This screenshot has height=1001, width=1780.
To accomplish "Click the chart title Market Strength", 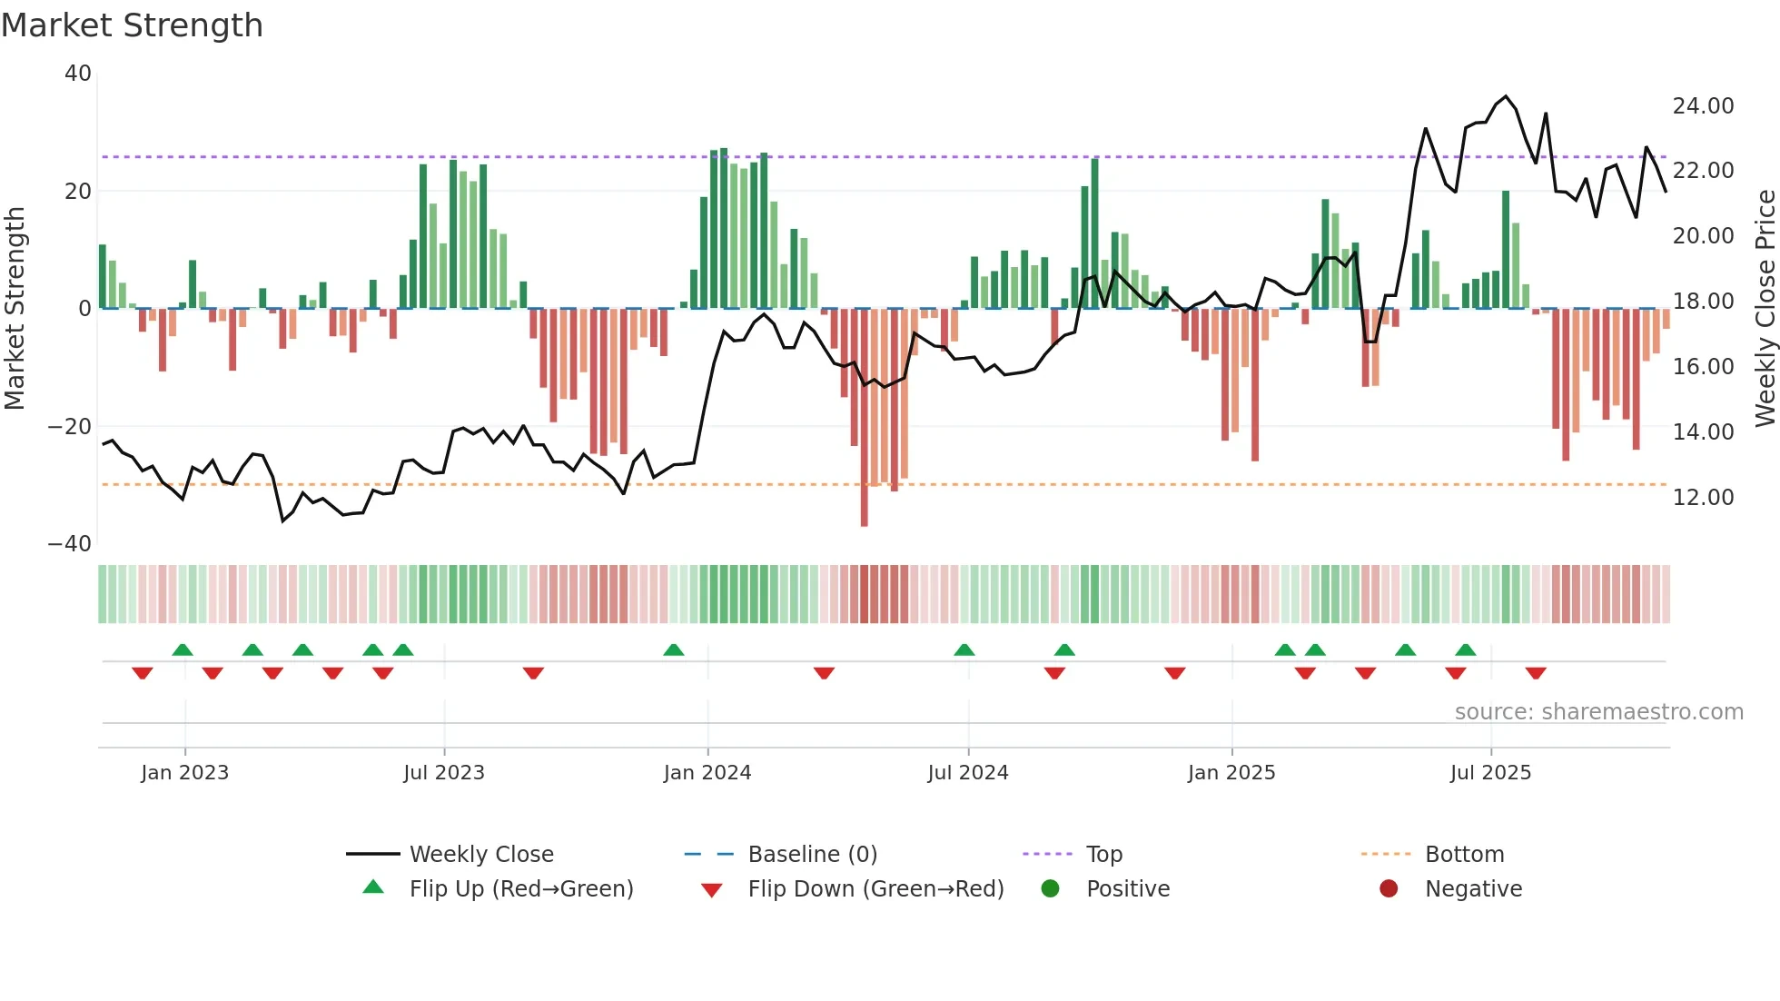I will (132, 25).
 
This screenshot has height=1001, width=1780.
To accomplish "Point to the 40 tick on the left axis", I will (78, 74).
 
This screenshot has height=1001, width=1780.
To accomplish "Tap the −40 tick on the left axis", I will (70, 544).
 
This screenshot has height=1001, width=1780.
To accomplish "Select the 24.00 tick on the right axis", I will (1703, 106).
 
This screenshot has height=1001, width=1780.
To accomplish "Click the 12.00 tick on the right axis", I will (1703, 498).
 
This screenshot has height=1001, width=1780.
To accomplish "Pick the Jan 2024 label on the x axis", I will (707, 773).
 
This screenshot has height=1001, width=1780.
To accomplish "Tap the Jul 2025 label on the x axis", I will (1490, 773).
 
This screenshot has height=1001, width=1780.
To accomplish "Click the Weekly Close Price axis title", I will (1765, 309).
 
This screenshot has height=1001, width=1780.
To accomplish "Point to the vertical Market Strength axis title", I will (15, 309).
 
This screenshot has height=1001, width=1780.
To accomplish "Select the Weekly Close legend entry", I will (480, 855).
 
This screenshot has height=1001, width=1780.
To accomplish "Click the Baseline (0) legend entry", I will (812, 855).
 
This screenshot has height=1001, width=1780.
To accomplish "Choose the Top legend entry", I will (1103, 855).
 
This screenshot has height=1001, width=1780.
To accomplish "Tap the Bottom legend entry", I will (1464, 855).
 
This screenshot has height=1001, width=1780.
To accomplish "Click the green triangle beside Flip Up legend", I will (373, 887).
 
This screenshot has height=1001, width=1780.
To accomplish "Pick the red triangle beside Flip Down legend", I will (712, 890).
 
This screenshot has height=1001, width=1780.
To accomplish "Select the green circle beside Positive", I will (1051, 888).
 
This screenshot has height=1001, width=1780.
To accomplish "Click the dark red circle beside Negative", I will (1389, 888).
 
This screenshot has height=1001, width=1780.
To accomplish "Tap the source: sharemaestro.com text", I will (1598, 712).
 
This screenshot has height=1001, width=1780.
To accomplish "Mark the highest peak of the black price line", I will (1506, 95).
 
